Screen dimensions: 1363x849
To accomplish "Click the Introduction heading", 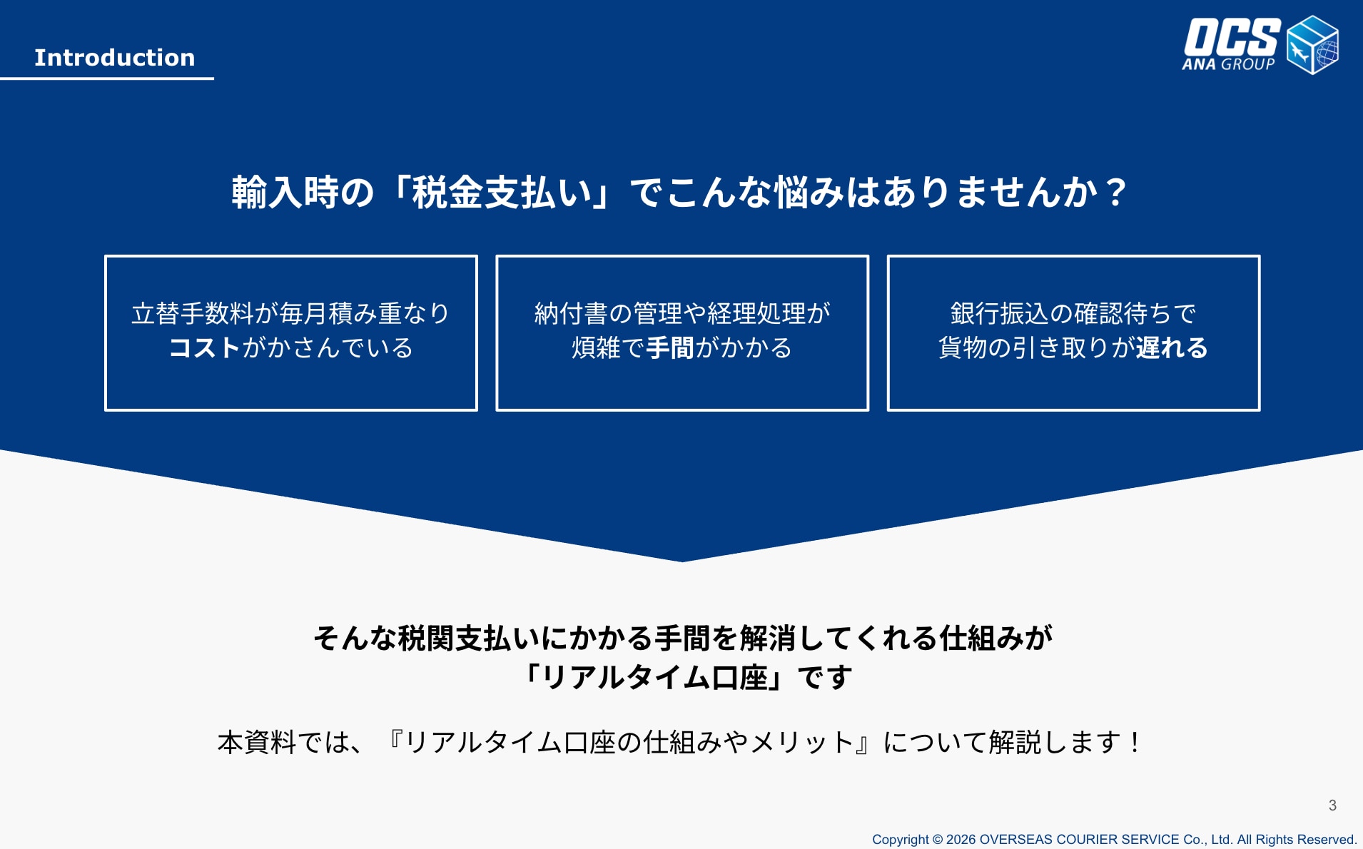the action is point(115,58).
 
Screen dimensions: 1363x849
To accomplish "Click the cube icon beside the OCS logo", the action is point(1312,45).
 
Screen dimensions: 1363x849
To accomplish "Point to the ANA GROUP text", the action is point(1228,64).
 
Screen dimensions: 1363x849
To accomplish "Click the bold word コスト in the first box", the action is point(205,348).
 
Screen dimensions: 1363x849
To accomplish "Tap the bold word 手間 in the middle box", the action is point(670,348).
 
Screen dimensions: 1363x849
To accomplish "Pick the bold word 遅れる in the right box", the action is point(1172,348).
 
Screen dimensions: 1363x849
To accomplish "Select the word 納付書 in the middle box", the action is point(571,314).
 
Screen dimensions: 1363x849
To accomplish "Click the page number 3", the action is point(1332,805).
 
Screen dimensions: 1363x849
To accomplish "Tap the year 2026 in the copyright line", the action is point(961,840).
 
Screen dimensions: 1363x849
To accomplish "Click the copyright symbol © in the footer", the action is point(938,840).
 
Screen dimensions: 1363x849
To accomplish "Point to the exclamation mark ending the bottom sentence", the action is point(1135,743).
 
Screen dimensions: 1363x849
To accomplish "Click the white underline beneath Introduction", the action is point(107,78).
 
